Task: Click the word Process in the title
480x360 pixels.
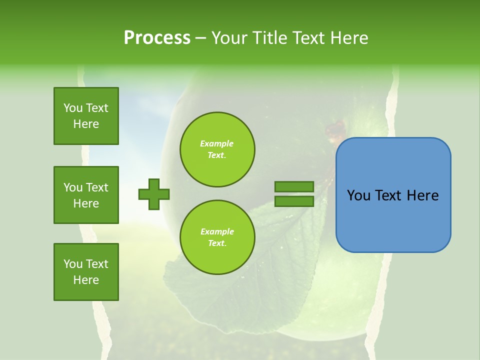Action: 157,37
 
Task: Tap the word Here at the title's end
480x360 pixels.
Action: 348,37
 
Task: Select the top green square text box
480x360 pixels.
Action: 86,116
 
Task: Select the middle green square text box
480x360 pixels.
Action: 86,195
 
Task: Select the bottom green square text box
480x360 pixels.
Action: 86,272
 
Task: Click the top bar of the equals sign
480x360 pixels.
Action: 294,187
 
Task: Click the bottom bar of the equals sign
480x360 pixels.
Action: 294,201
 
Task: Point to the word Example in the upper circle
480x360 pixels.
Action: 216,143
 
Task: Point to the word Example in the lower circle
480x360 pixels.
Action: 217,231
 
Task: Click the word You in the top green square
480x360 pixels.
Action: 72,108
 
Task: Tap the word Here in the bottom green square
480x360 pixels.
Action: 86,280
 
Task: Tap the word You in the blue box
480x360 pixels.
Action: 358,195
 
